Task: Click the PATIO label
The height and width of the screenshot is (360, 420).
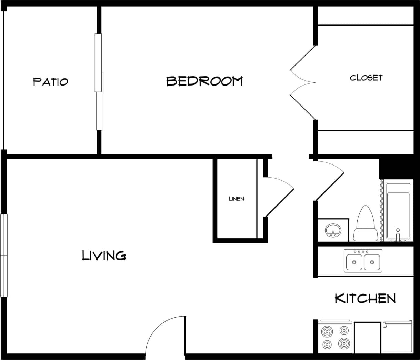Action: point(50,82)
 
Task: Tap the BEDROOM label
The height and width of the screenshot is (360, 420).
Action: point(204,81)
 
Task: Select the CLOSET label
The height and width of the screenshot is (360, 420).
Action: point(366,78)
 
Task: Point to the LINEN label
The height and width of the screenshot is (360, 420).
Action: point(237,199)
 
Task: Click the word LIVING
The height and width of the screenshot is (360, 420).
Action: point(104,256)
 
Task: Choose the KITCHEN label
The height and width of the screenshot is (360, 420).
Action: point(365,298)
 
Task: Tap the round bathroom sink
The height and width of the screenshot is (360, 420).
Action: point(333,229)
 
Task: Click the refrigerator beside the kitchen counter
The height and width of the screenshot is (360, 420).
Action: point(397,337)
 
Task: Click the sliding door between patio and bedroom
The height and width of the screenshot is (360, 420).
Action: point(99,82)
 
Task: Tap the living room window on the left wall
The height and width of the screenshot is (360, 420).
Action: point(4,255)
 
